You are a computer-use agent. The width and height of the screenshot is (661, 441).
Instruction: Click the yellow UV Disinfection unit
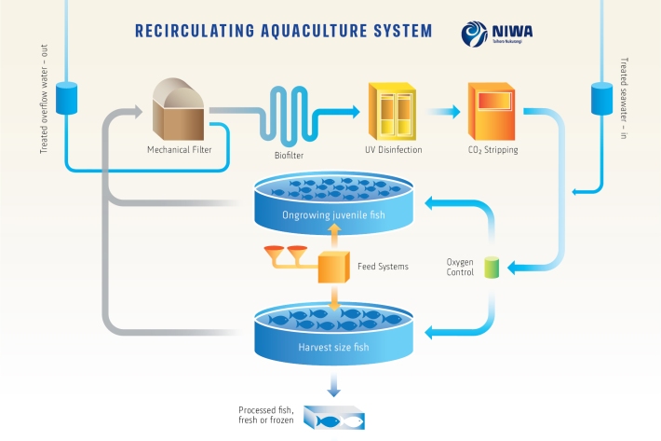point(395,112)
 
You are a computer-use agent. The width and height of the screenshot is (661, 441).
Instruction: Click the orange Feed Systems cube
point(332,268)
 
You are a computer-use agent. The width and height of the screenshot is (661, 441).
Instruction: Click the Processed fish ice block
point(333,420)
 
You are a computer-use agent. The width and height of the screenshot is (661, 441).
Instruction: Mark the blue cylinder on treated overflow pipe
point(67,96)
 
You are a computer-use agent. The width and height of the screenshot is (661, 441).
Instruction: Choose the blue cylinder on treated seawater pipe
point(601,96)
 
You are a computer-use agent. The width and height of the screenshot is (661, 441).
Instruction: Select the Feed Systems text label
point(383,268)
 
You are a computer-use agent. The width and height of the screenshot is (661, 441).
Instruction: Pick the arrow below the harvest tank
point(332,384)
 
